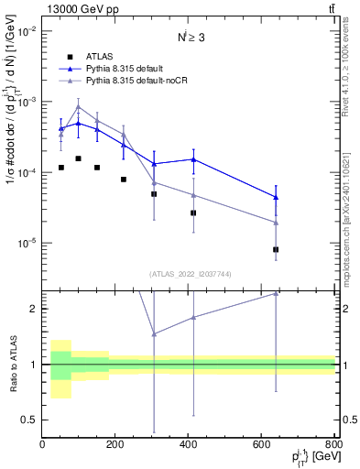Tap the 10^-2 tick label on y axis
[x=27, y=30]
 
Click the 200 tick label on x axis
[x=115, y=444]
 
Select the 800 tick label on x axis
[x=334, y=444]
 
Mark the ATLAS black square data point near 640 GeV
[x=276, y=249]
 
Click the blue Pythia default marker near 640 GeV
[x=276, y=197]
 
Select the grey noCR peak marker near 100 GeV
[x=79, y=106]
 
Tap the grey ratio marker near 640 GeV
[x=276, y=293]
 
